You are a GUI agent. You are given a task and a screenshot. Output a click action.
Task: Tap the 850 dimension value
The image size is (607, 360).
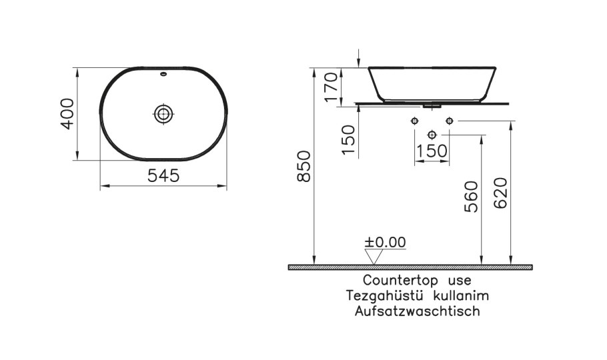tap(305, 166)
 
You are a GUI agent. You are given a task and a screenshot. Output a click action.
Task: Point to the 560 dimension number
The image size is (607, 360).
tap(471, 197)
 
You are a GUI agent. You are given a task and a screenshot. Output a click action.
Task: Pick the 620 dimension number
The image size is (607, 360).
tap(502, 194)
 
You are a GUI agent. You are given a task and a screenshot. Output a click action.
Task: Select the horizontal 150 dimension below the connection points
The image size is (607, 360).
tap(432, 151)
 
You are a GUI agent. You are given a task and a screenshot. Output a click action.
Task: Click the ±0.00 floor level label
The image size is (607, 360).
tap(386, 242)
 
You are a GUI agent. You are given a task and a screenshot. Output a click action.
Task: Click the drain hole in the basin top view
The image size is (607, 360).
tap(163, 113)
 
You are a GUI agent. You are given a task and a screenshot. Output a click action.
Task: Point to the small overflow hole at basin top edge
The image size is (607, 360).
tap(163, 75)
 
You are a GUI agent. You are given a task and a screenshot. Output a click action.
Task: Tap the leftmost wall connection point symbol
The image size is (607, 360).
tap(414, 121)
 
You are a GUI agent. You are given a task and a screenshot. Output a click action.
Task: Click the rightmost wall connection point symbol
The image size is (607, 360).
tap(449, 121)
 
